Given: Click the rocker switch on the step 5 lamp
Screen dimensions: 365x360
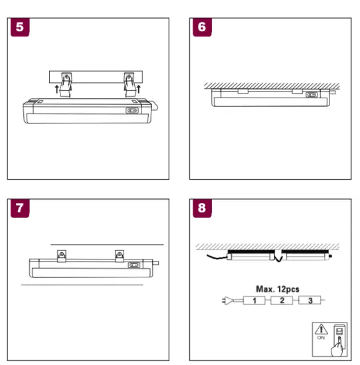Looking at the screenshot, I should [133, 112].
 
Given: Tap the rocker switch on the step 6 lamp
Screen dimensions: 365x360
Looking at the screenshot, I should [312, 95].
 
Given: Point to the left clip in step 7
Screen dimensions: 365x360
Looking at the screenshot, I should [62, 254].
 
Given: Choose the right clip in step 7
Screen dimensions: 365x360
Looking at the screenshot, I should [120, 254].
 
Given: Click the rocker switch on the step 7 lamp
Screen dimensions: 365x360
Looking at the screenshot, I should [134, 265].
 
